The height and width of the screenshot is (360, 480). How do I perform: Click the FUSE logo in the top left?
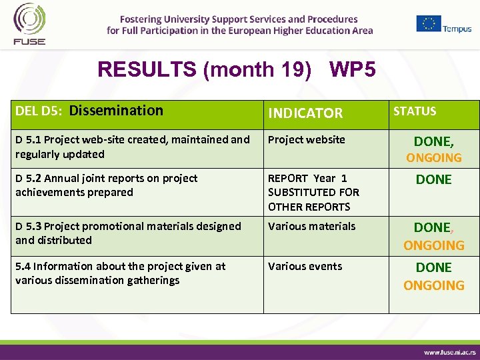coord(29,24)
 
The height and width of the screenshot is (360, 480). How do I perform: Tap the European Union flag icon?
coord(429,23)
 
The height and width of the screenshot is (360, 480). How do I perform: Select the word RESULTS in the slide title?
coord(148,69)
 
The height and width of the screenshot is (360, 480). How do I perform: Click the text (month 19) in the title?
coord(257,69)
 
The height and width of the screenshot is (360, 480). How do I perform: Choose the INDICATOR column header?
coord(305,113)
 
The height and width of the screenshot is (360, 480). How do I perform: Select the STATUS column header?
coord(415,111)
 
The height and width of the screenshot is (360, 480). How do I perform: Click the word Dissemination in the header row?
coord(116,111)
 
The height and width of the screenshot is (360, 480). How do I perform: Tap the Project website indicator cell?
coord(307,139)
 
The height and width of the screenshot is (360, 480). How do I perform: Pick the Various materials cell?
coord(312,226)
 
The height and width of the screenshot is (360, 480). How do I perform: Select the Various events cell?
coord(305,266)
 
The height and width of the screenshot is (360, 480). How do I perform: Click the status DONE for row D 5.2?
coord(434,179)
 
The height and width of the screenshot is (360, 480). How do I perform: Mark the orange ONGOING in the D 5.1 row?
coord(434,158)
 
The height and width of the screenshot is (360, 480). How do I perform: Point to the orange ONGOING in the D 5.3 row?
coord(434,245)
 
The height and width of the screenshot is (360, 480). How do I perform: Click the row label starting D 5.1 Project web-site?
coord(132,147)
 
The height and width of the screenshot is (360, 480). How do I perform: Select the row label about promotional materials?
coord(128,233)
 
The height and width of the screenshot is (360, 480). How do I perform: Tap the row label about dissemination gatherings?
coord(120,273)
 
